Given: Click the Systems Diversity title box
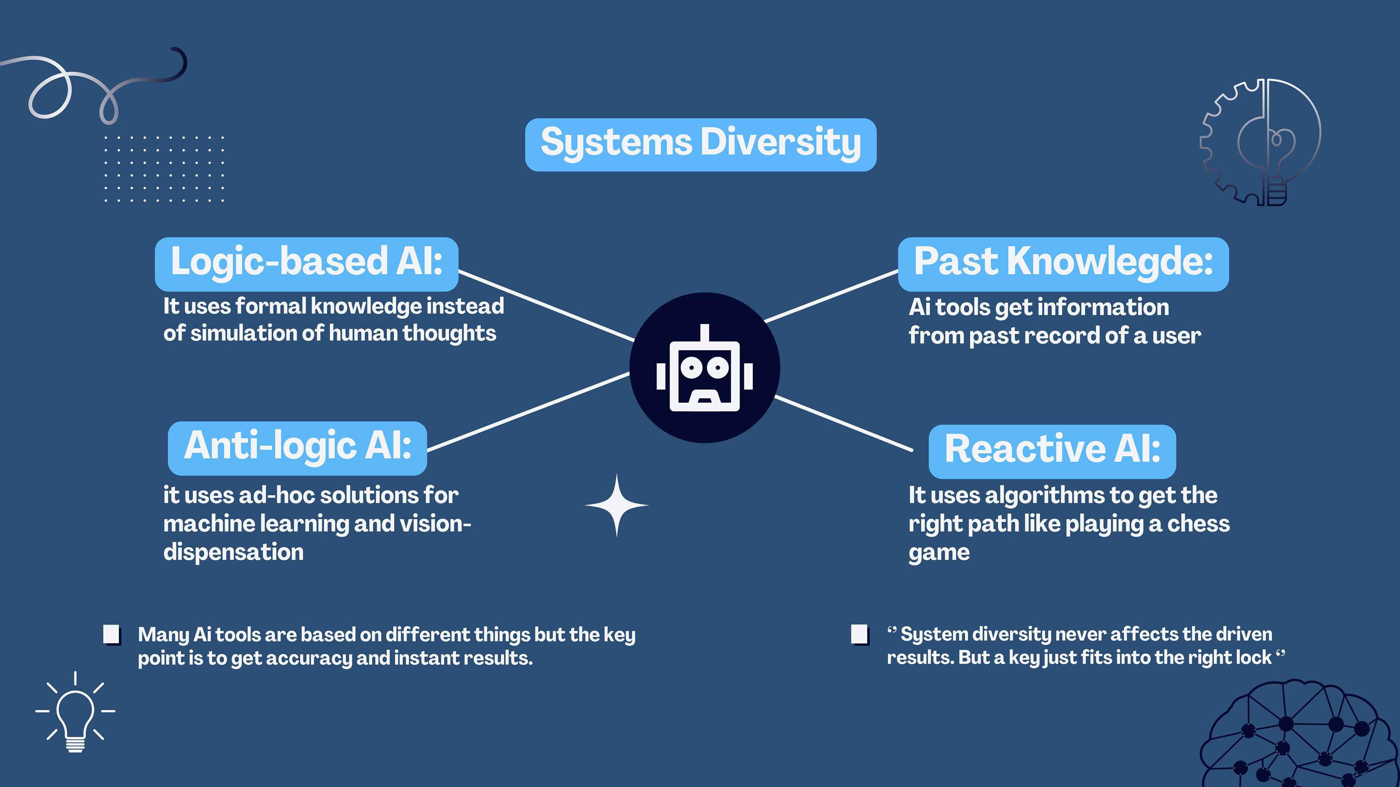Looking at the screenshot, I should click(700, 145).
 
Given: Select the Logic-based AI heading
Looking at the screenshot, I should click(307, 264).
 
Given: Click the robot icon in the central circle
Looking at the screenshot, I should click(704, 369).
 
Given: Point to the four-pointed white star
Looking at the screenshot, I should click(616, 505).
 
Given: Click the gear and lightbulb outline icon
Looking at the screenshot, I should click(1261, 142).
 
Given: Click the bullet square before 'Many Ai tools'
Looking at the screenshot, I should click(112, 634).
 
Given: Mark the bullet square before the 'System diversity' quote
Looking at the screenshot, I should click(859, 634).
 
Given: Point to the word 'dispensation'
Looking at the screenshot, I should click(233, 552).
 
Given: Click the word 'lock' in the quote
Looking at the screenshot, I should click(1255, 658).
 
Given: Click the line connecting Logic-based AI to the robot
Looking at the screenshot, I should click(546, 307).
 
